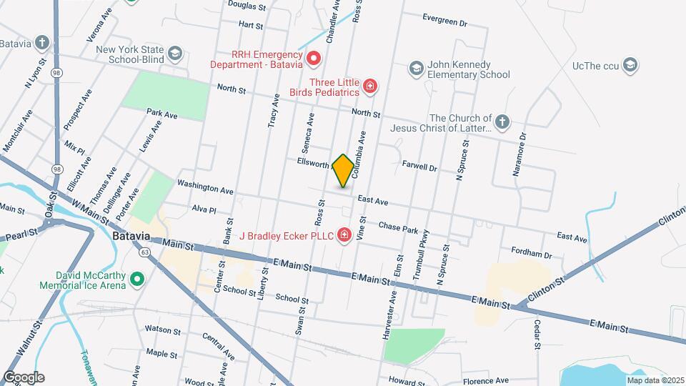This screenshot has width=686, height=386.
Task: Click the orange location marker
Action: (x=343, y=170)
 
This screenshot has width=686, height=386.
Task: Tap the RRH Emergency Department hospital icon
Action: (x=313, y=58)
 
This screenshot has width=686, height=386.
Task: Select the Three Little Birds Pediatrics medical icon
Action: (x=370, y=87)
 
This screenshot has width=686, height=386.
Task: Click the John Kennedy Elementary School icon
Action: (x=416, y=69)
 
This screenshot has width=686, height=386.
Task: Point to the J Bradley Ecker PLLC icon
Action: (x=344, y=234)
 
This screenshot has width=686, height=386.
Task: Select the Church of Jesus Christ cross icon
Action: (x=502, y=122)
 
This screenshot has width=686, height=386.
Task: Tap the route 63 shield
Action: (x=145, y=252)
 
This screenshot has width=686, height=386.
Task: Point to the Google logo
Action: (x=24, y=377)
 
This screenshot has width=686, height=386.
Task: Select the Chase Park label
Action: (x=397, y=228)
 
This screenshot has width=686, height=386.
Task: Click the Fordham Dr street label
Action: (x=532, y=253)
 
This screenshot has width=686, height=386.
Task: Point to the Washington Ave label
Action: (x=206, y=187)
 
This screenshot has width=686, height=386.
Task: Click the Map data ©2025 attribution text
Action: (x=655, y=380)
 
